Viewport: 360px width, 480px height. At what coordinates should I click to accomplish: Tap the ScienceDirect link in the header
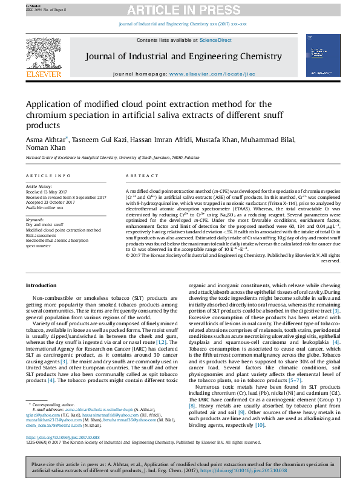(x=216, y=40)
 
